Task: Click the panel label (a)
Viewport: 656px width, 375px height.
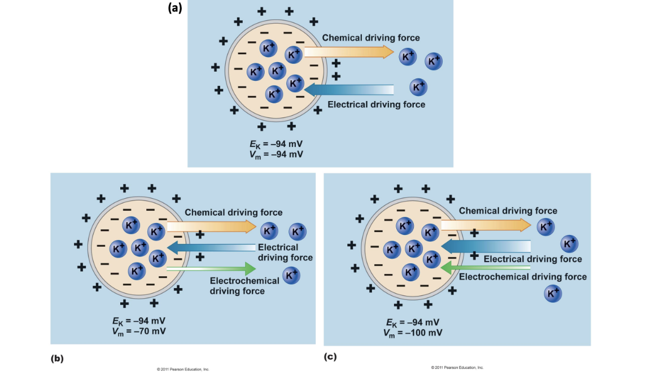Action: (175, 7)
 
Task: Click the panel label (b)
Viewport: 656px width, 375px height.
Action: (56, 358)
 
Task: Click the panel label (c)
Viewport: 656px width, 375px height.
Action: (330, 357)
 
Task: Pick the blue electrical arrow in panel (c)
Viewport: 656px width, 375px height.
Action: (486, 246)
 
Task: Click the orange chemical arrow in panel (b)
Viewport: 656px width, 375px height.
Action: (211, 227)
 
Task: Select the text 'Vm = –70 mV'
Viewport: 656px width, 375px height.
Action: (139, 331)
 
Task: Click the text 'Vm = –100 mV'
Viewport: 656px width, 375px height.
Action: (413, 333)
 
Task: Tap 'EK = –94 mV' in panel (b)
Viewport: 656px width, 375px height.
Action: (139, 321)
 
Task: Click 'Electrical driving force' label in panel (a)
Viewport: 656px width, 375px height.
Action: (376, 104)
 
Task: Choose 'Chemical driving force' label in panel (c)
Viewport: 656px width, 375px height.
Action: (508, 211)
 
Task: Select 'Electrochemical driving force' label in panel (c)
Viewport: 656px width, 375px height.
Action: (523, 277)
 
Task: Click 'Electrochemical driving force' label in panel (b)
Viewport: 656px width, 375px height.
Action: (244, 286)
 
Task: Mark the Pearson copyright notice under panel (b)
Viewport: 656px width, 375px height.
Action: (183, 369)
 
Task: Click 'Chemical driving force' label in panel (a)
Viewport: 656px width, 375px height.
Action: (371, 38)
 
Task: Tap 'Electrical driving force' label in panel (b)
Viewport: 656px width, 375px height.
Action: (285, 252)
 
